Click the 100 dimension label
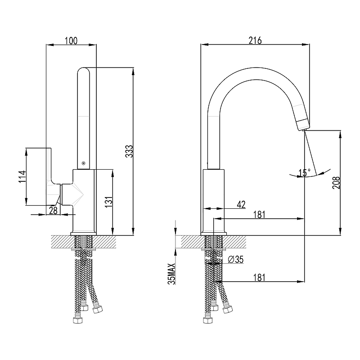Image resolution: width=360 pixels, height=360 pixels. tap(71, 40)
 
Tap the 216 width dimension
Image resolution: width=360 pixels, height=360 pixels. tap(255, 40)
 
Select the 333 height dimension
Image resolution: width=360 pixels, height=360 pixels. tap(129, 151)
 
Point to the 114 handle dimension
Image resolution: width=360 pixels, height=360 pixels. tap(22, 176)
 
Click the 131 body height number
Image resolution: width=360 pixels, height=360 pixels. tap(109, 202)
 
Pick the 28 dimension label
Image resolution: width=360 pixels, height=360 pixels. tap(53, 210)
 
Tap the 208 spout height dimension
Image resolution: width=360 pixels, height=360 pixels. tap(336, 183)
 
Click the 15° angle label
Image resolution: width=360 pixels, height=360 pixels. tap(304, 172)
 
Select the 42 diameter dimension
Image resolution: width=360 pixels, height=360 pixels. tap(241, 204)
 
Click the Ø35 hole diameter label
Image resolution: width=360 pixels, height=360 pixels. tap(235, 260)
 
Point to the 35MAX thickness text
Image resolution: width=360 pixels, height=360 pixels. tap(172, 274)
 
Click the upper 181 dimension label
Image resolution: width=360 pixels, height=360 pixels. tap(259, 215)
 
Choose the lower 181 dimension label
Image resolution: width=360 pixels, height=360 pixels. tap(259, 277)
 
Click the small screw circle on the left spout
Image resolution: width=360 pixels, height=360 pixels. tap(83, 163)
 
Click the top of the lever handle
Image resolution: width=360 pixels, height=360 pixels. tap(49, 148)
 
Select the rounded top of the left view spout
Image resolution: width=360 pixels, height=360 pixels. tap(83, 70)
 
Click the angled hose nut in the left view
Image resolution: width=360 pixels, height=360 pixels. tap(97, 310)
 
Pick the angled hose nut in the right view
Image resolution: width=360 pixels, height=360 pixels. tap(228, 310)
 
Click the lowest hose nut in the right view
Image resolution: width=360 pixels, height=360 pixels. tap(208, 320)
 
